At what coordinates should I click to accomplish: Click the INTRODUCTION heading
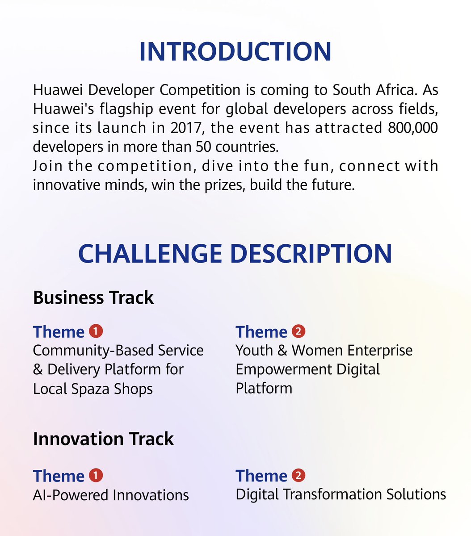pyautogui.click(x=235, y=52)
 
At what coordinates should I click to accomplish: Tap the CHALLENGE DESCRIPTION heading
pyautogui.click(x=235, y=254)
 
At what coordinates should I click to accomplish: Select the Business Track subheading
pyautogui.click(x=93, y=297)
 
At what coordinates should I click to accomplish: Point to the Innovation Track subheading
pyautogui.click(x=103, y=439)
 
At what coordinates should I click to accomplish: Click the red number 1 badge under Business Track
pyautogui.click(x=96, y=331)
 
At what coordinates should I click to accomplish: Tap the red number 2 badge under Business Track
pyautogui.click(x=299, y=331)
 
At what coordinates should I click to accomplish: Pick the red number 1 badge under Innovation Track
pyautogui.click(x=96, y=475)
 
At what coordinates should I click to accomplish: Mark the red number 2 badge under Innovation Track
pyautogui.click(x=299, y=475)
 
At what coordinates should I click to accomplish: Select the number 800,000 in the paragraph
pyautogui.click(x=411, y=128)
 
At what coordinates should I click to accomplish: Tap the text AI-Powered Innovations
pyautogui.click(x=111, y=495)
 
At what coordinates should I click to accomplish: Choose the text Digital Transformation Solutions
pyautogui.click(x=341, y=494)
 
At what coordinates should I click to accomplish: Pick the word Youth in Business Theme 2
pyautogui.click(x=254, y=350)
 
